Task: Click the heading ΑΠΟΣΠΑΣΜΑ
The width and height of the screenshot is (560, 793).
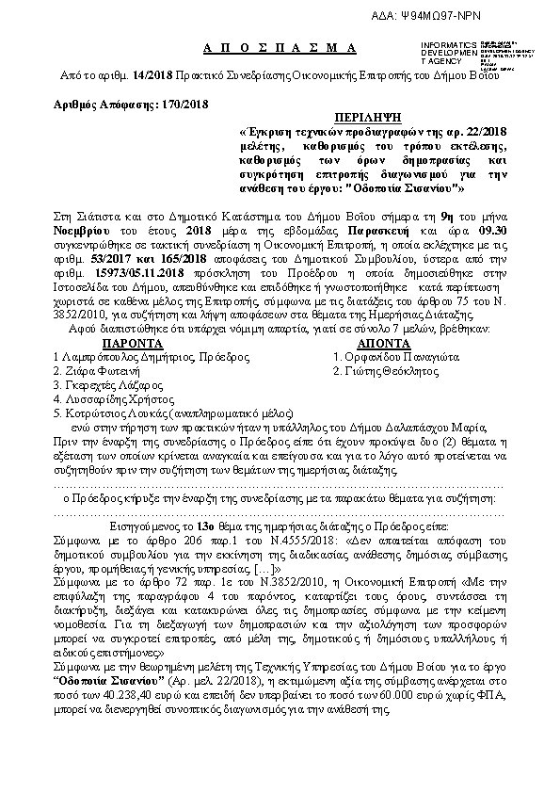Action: pos(280,47)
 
